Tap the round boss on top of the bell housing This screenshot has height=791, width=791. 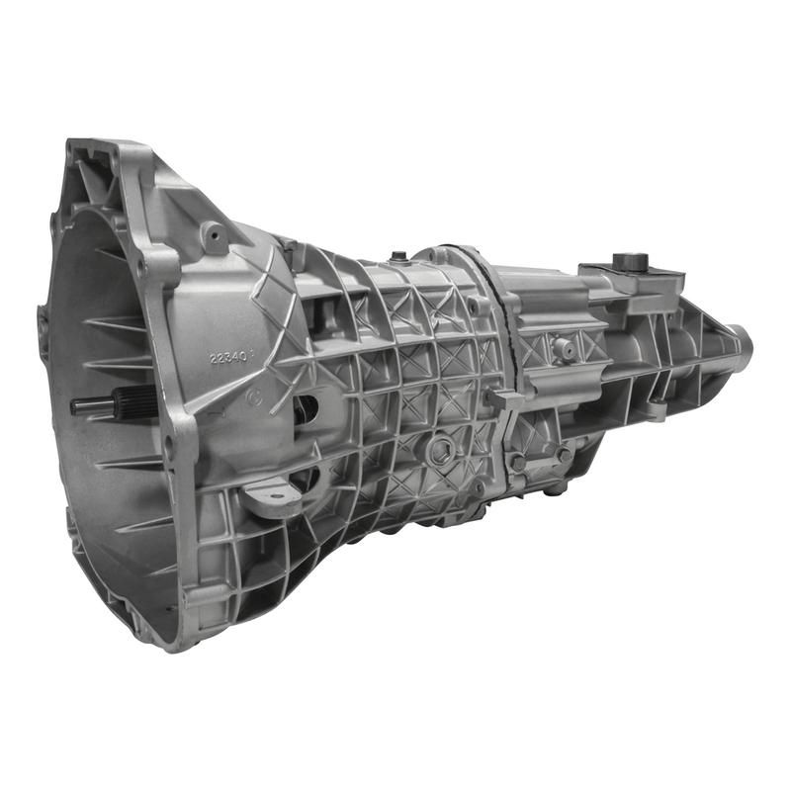[213, 235]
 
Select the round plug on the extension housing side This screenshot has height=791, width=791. [564, 347]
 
